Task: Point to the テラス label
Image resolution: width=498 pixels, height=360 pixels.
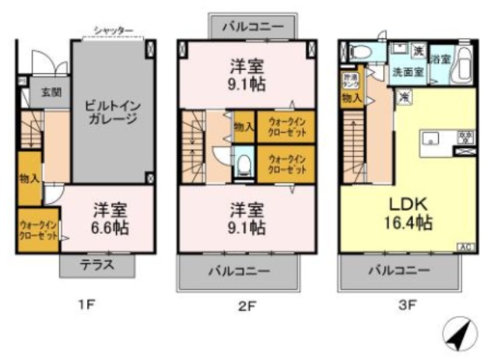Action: (x=97, y=264)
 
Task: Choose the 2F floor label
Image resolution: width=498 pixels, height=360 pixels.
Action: (x=247, y=306)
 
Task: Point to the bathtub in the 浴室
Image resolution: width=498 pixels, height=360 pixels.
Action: (x=462, y=64)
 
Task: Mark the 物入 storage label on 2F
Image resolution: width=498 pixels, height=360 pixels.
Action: (x=242, y=127)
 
